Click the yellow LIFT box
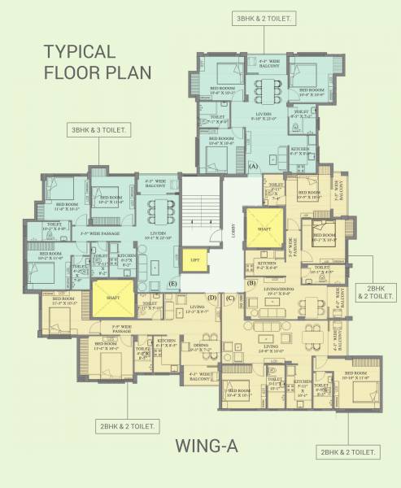(x=194, y=260)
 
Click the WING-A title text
(x=204, y=445)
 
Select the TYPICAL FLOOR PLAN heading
(x=97, y=62)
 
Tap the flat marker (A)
(x=253, y=165)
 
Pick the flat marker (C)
(x=230, y=298)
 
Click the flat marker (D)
(x=211, y=298)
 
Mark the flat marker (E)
(x=172, y=283)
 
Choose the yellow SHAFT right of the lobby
(x=264, y=229)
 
